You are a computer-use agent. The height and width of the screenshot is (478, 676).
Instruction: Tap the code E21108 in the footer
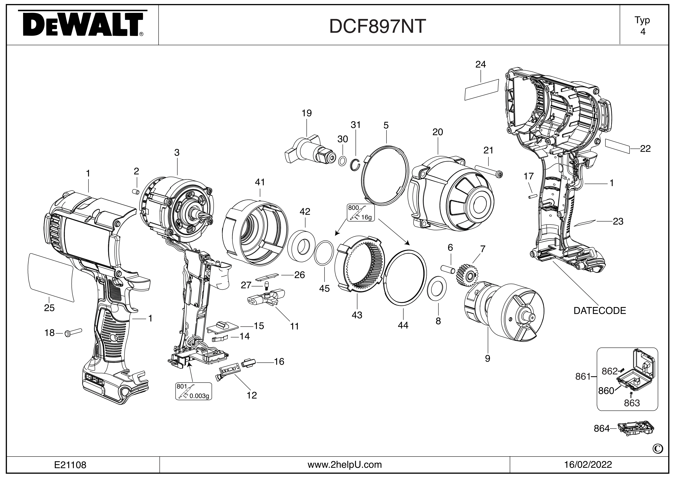70,465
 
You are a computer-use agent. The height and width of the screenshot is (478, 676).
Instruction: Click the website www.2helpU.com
344,465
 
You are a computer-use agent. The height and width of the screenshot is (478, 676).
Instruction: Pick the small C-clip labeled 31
355,164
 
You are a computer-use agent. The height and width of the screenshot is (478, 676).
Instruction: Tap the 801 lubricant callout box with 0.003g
193,391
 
